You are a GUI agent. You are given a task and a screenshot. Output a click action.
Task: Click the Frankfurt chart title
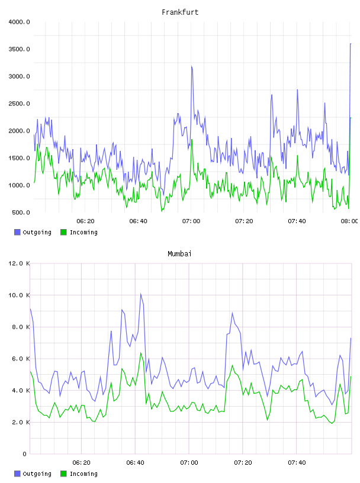pyautogui.click(x=180, y=12)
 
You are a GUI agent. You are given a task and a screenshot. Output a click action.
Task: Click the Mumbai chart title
pyautogui.click(x=179, y=254)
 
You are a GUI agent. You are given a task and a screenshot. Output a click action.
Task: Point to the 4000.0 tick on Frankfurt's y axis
pyautogui.click(x=19, y=22)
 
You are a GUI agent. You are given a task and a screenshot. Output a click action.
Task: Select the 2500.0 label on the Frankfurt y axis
pyautogui.click(x=19, y=104)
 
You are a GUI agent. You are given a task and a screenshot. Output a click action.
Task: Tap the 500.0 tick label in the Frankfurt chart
pyautogui.click(x=21, y=212)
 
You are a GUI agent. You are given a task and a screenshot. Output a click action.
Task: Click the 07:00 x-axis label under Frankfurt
pyautogui.click(x=191, y=221)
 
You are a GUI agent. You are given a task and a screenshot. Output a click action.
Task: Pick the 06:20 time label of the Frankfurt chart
pyautogui.click(x=85, y=221)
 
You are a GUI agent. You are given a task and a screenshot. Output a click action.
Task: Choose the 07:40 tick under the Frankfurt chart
pyautogui.click(x=297, y=221)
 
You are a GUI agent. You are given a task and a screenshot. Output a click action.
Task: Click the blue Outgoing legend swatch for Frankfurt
pyautogui.click(x=17, y=232)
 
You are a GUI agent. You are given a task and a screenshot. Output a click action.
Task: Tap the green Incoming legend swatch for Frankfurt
pyautogui.click(x=63, y=232)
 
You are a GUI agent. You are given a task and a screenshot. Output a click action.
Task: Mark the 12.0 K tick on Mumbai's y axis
pyautogui.click(x=19, y=263)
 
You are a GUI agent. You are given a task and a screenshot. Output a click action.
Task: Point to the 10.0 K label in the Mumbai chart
pyautogui.click(x=19, y=295)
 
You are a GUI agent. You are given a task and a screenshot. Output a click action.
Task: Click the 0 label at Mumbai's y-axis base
pyautogui.click(x=24, y=454)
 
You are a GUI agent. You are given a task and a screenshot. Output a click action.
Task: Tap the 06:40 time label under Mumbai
pyautogui.click(x=135, y=463)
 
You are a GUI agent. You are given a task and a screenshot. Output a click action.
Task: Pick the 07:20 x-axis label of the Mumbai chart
pyautogui.click(x=243, y=463)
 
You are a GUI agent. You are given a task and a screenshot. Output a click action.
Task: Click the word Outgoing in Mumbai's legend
pyautogui.click(x=37, y=474)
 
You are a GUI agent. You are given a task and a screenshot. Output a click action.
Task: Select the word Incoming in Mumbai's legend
pyautogui.click(x=83, y=474)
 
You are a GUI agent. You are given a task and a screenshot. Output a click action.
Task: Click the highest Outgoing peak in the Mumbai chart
pyautogui.click(x=141, y=294)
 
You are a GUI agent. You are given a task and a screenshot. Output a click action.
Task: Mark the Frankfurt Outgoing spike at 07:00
pyautogui.click(x=191, y=66)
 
